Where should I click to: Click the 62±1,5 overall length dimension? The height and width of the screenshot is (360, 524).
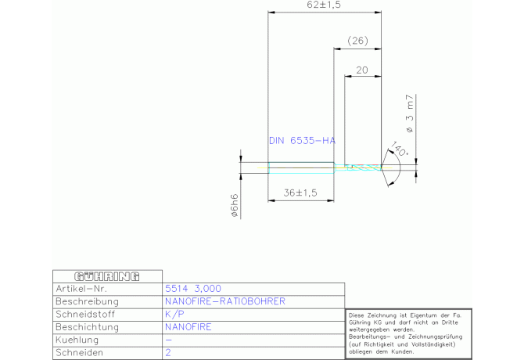point(324,5)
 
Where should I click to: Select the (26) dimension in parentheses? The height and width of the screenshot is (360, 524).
point(357,41)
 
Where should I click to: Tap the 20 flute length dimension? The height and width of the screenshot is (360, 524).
point(362,70)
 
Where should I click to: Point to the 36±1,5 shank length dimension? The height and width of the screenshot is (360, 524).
point(300,193)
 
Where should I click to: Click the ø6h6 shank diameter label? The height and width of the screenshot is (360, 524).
point(235,205)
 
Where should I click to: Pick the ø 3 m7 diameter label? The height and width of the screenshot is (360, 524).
point(410,113)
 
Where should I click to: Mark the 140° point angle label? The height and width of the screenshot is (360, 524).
point(399,149)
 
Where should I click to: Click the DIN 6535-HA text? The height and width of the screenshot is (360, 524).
point(302,141)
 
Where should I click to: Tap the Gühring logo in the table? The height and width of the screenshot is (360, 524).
point(107,276)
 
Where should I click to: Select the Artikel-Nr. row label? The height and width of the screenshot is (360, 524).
point(81,289)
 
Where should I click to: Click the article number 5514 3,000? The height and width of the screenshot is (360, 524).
point(193,289)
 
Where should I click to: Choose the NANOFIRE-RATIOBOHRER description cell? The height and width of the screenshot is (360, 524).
point(225,301)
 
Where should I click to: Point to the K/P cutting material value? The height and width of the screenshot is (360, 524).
point(174,314)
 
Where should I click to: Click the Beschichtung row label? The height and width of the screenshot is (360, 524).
point(88,327)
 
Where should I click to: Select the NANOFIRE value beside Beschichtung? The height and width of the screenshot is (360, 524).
point(188,327)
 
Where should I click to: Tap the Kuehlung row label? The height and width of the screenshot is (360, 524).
point(77,340)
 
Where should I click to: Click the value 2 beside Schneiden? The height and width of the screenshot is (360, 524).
point(168,353)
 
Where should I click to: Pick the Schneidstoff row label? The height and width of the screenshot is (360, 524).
point(85,315)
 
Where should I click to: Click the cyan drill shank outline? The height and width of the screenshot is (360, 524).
point(301,163)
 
